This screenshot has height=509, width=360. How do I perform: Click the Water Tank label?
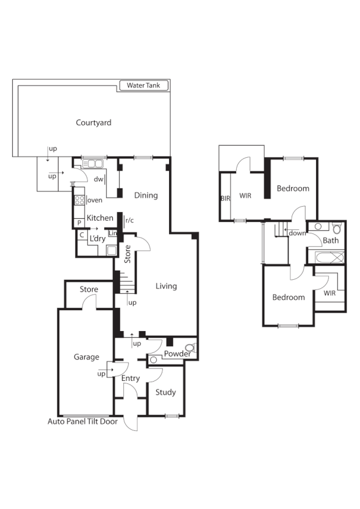click(143, 86)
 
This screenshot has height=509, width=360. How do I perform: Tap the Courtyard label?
click(93, 123)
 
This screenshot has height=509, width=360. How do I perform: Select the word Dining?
click(146, 195)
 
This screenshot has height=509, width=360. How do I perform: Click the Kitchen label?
click(99, 218)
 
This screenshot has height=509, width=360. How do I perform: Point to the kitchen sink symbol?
click(93, 163)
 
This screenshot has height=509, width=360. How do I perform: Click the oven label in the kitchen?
click(95, 200)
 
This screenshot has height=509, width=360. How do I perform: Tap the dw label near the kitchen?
click(98, 179)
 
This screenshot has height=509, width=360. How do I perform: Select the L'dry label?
click(98, 238)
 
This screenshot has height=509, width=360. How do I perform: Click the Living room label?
click(166, 286)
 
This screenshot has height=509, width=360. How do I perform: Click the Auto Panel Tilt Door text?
click(84, 421)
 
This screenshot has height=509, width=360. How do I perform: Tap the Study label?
click(165, 392)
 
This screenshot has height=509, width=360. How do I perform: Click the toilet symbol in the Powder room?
click(190, 349)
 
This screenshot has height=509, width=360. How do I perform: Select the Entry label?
click(131, 378)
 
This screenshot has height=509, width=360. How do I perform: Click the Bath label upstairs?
click(331, 240)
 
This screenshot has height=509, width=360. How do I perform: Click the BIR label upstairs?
click(225, 198)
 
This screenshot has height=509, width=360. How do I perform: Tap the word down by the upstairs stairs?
click(298, 233)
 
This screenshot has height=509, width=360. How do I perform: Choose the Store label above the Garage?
click(88, 290)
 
